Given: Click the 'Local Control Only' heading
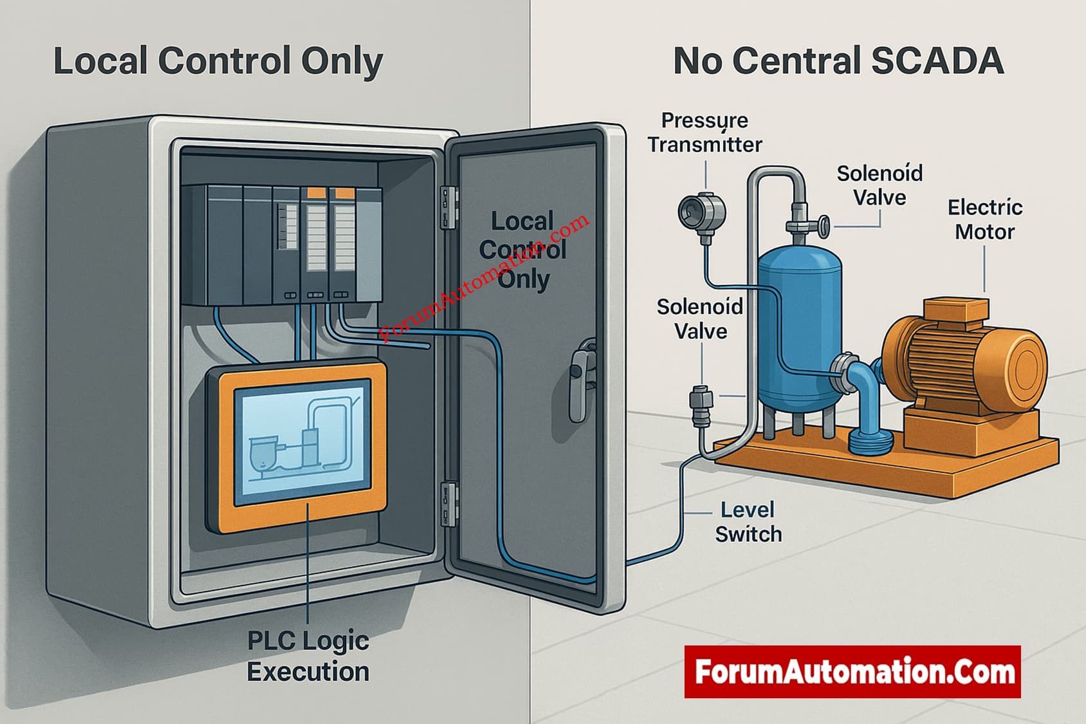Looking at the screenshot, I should click(x=217, y=62).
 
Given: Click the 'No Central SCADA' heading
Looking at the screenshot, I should click(x=838, y=62).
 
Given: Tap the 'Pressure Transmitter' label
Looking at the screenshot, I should click(x=704, y=133).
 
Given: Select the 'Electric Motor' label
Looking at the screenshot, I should click(x=984, y=219).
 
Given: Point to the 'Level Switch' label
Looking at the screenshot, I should click(x=748, y=522).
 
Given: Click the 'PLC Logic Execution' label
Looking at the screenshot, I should click(x=308, y=656).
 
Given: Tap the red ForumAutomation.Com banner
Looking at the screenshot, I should click(x=852, y=672).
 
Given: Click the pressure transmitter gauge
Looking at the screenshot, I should click(x=701, y=211).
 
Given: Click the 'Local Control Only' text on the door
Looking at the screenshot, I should click(x=522, y=250).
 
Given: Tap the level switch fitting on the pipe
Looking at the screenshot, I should click(x=699, y=405).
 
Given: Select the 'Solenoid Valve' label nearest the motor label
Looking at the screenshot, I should click(x=879, y=185).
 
